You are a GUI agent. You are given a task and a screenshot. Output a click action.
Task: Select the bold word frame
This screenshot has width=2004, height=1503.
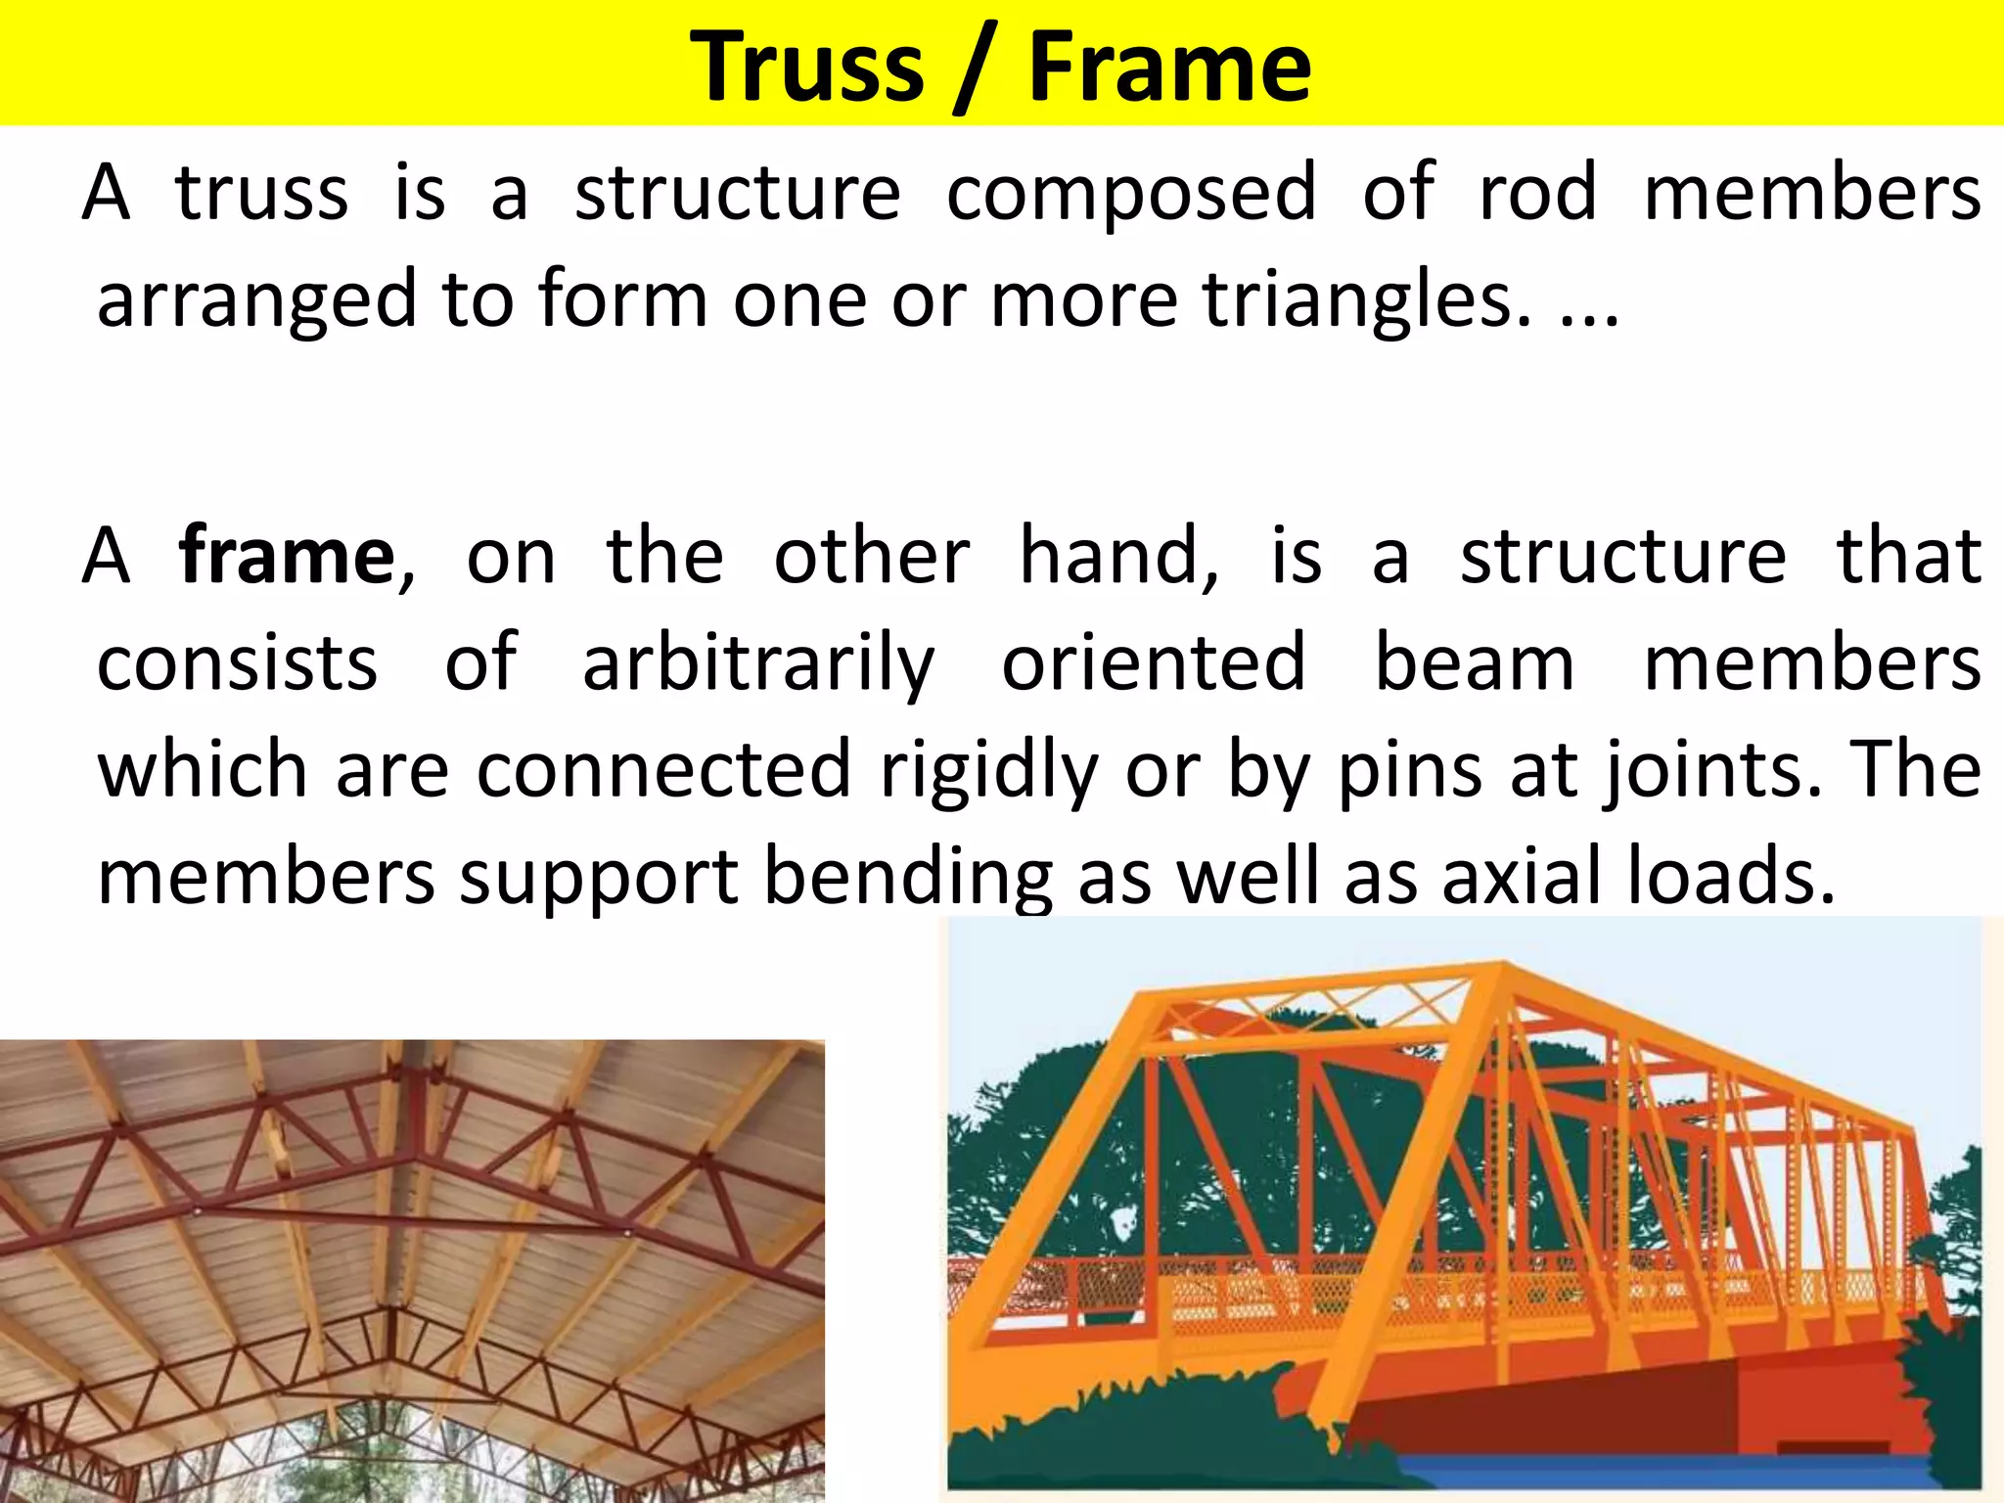tap(287, 556)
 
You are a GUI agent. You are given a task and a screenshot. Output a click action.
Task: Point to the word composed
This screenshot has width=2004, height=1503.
tap(1131, 192)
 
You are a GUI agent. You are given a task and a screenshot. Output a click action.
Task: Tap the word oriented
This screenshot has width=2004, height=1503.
tap(1154, 663)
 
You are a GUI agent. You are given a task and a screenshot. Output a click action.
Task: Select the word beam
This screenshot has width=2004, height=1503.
tap(1475, 663)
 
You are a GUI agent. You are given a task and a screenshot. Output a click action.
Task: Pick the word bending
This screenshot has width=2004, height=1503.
tap(908, 878)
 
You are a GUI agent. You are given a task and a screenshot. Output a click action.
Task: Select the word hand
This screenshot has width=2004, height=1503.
tap(1118, 556)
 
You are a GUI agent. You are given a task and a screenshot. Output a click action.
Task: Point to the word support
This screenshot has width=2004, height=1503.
tap(599, 878)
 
